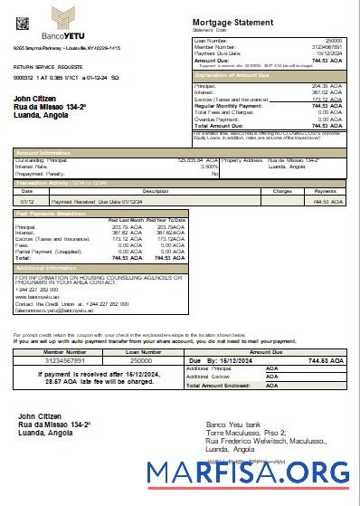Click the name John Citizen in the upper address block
click(x=37, y=98)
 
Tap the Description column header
click(x=155, y=192)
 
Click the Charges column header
click(x=282, y=192)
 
